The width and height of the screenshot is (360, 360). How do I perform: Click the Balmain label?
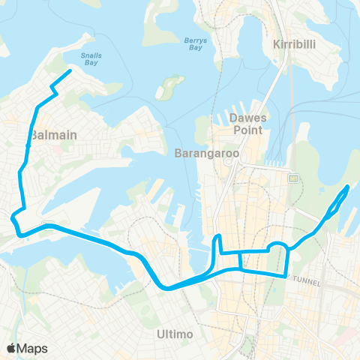click(x=55, y=135)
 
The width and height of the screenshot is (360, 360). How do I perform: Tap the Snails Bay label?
click(x=92, y=60)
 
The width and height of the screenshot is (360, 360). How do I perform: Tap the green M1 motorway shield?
click(x=292, y=178)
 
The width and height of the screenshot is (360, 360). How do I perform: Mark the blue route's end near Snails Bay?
click(x=70, y=71)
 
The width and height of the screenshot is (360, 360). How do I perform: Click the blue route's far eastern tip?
click(x=349, y=186)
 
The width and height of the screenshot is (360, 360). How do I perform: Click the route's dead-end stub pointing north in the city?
click(x=218, y=238)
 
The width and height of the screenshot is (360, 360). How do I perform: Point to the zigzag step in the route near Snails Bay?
click(x=52, y=91)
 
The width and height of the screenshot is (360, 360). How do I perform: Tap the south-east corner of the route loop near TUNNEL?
click(x=286, y=275)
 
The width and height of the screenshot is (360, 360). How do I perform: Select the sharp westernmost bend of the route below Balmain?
click(x=13, y=218)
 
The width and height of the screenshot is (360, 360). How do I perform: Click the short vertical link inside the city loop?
click(x=239, y=260)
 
